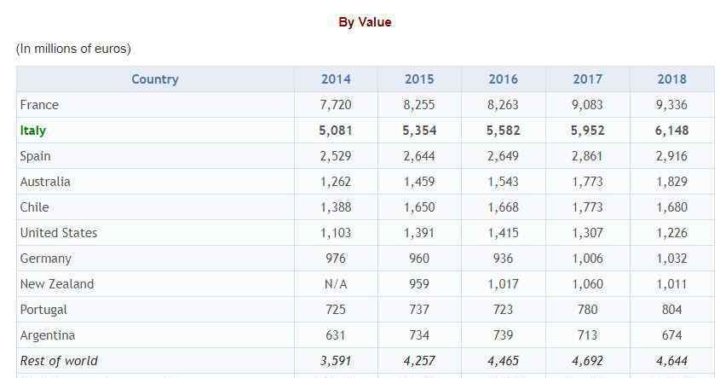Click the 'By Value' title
[365, 22]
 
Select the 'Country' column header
[155, 79]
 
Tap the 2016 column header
[503, 79]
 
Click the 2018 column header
[671, 79]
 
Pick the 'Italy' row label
[33, 131]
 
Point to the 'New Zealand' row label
[57, 284]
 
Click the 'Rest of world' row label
[59, 361]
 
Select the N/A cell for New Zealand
[336, 284]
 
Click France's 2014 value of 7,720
[336, 105]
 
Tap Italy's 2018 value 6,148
[671, 131]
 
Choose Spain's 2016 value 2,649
[503, 156]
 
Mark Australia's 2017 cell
[587, 182]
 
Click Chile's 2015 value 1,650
[419, 207]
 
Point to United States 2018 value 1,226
[671, 233]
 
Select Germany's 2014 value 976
[336, 259]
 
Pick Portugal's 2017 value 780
[587, 310]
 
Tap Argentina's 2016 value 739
[503, 335]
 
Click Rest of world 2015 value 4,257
[419, 361]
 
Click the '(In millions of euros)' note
[73, 49]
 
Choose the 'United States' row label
[59, 233]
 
